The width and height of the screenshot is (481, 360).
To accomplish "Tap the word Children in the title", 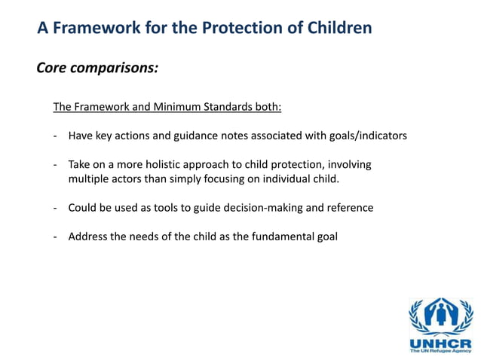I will pos(337,29).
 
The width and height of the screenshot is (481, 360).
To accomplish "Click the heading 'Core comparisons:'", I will pos(97,69).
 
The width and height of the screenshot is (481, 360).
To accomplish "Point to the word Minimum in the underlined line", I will pos(175,107).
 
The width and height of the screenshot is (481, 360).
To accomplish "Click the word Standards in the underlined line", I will pos(226,107).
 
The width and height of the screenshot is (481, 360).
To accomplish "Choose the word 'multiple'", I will pos(89,178).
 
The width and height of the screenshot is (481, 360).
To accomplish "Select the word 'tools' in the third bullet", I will pos(181,207).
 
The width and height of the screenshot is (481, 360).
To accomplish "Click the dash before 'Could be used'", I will pos(56,207).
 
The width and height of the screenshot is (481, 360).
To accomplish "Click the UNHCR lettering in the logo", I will pos(440,340).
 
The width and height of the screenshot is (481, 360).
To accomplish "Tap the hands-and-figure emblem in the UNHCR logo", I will pos(440,315).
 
